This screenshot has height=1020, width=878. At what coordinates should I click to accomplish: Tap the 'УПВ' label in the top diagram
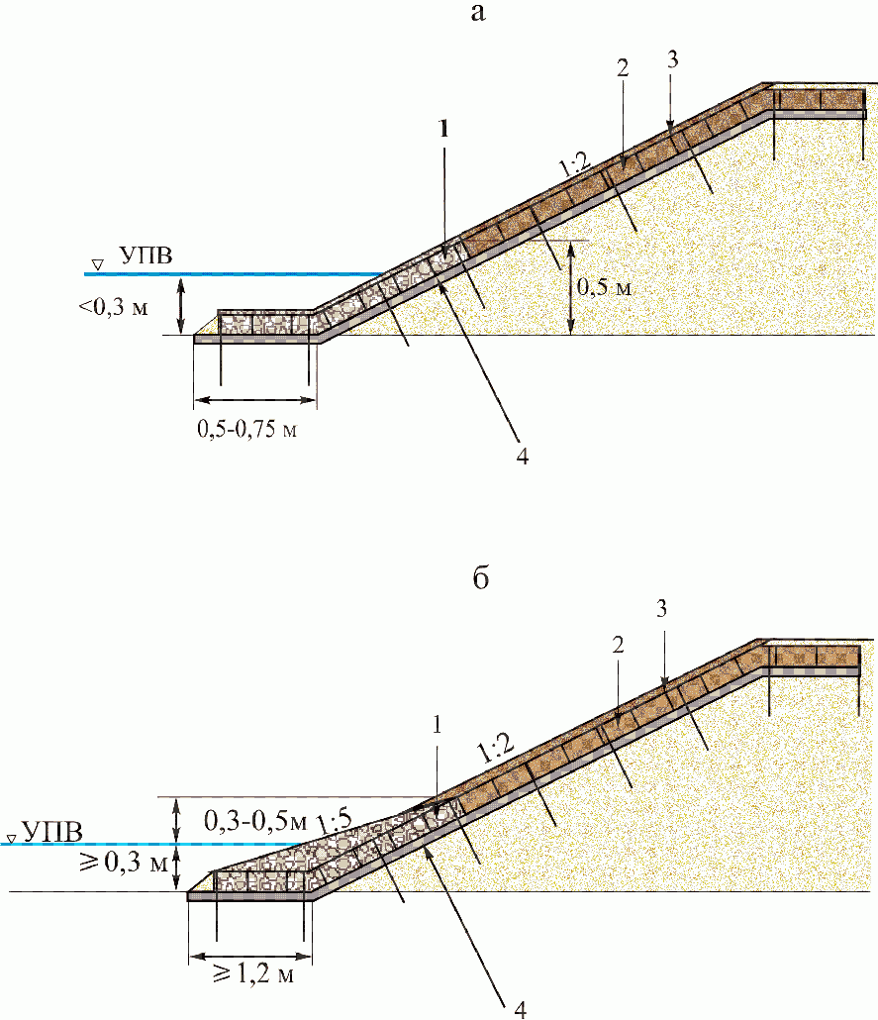click(146, 257)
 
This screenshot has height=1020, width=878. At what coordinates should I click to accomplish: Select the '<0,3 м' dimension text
click(114, 307)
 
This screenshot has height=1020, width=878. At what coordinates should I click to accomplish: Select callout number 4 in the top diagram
click(523, 457)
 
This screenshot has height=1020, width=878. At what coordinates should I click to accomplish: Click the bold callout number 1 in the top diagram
click(444, 129)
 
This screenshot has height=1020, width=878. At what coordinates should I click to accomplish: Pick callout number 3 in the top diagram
click(672, 58)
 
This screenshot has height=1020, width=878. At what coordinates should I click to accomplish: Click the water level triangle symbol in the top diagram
click(97, 264)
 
